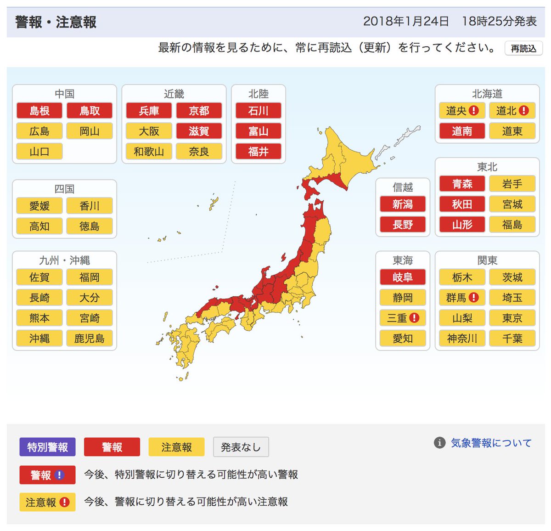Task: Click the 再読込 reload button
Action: click(x=523, y=49)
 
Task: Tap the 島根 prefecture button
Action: click(x=39, y=111)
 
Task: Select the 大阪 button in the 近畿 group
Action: click(x=149, y=131)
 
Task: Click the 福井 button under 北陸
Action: click(x=258, y=152)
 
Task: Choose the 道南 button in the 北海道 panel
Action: click(x=462, y=131)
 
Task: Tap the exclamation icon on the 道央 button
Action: click(x=474, y=111)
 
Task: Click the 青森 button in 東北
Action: click(x=462, y=184)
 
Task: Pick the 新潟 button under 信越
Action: click(x=403, y=204)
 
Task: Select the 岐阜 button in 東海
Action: click(x=403, y=277)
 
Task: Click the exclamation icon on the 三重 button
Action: click(x=414, y=318)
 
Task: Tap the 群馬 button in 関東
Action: click(x=456, y=298)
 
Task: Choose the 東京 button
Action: click(x=512, y=318)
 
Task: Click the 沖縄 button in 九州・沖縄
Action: click(x=39, y=339)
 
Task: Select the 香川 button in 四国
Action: click(x=90, y=206)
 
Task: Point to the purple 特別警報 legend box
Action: click(x=47, y=447)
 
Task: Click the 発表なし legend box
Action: click(x=241, y=447)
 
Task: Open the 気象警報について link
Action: click(x=491, y=443)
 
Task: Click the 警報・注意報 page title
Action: click(x=56, y=22)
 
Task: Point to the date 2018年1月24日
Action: click(x=406, y=21)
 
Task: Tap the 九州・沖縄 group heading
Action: click(x=64, y=260)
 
